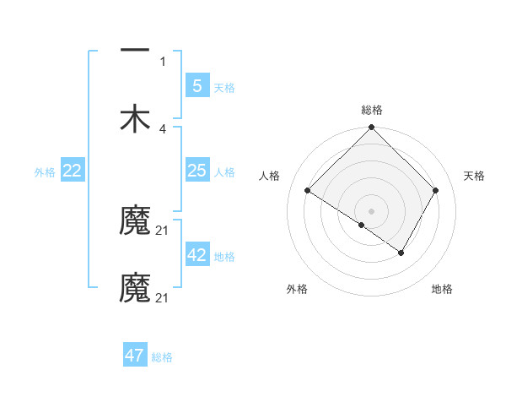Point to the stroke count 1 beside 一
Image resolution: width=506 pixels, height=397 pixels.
(x=163, y=61)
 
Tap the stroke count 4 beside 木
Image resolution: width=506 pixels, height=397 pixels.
(x=163, y=128)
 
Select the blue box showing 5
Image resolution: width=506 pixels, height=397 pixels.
(x=196, y=85)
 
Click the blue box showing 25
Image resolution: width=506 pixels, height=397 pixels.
(x=196, y=171)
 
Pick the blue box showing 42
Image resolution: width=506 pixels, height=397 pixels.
(x=196, y=255)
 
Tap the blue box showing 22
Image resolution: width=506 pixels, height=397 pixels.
(x=72, y=171)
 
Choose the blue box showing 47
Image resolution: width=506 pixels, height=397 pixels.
(x=135, y=356)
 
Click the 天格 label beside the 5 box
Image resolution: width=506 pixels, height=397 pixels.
(x=224, y=87)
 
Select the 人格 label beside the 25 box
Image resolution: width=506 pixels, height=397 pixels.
(x=224, y=171)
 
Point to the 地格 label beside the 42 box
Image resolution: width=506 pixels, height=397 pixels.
(x=224, y=256)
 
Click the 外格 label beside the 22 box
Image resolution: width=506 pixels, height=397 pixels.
(x=45, y=171)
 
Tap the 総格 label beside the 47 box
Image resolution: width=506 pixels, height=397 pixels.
(x=162, y=356)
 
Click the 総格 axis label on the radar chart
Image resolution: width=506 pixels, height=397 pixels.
(x=371, y=110)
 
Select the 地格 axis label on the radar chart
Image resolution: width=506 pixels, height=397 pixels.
(x=442, y=289)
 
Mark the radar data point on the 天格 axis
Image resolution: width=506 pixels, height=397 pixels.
(x=436, y=191)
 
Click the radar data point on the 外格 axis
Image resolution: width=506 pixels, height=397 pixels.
(x=361, y=225)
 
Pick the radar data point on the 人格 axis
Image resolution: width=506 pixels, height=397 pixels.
(x=308, y=191)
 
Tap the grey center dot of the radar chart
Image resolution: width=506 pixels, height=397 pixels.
(x=371, y=210)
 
